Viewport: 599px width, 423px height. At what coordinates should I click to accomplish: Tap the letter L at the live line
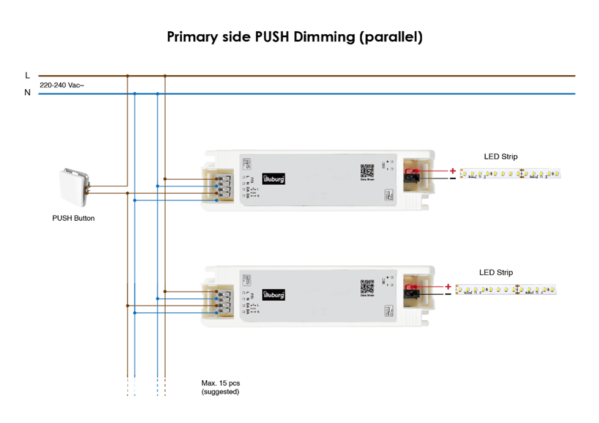tap(28, 75)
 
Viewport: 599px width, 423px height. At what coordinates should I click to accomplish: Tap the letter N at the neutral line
tap(28, 93)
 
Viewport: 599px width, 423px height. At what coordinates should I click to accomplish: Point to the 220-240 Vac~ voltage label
tap(62, 86)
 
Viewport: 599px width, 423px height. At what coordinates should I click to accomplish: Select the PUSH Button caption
tap(73, 218)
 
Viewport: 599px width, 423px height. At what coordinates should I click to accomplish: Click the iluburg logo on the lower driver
tap(273, 295)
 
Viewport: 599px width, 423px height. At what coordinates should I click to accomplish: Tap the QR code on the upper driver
tap(367, 171)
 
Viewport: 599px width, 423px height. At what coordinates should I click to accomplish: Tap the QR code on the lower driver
tap(367, 286)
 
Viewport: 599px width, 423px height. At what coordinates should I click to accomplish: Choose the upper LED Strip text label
tap(500, 157)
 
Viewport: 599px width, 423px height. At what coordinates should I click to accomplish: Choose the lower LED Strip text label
tap(496, 273)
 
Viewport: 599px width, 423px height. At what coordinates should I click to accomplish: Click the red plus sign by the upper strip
tap(453, 171)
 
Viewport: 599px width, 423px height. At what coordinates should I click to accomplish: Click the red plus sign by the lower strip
tap(448, 286)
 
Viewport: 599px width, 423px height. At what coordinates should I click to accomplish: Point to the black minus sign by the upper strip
tap(453, 178)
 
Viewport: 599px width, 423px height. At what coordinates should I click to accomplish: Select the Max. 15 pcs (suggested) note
tap(220, 387)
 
